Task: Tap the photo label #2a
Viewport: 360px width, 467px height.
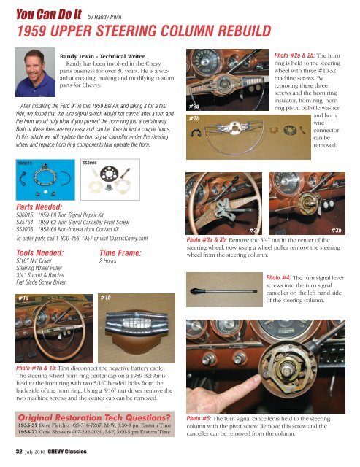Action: [x=194, y=107]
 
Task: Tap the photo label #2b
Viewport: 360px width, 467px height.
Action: [x=195, y=118]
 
